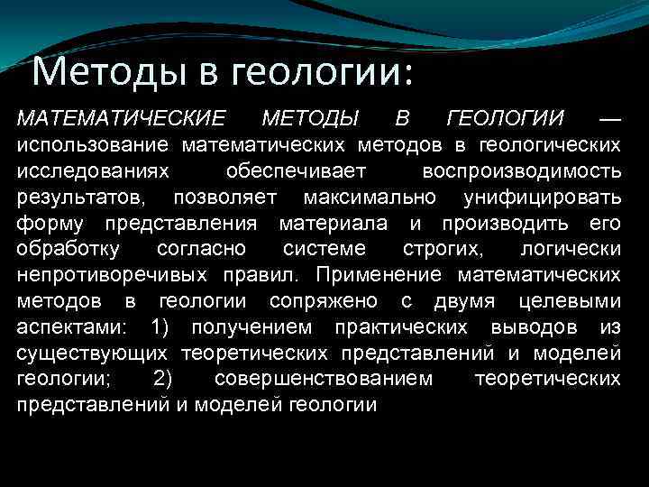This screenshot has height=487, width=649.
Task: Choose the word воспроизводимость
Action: tap(521, 170)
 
